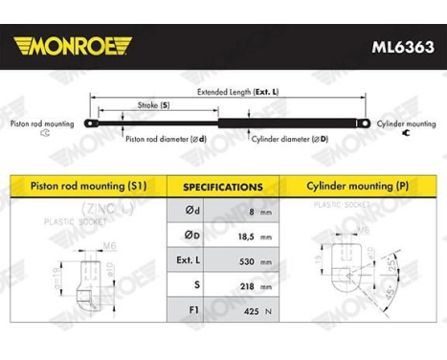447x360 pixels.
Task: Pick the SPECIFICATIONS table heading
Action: (222, 187)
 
